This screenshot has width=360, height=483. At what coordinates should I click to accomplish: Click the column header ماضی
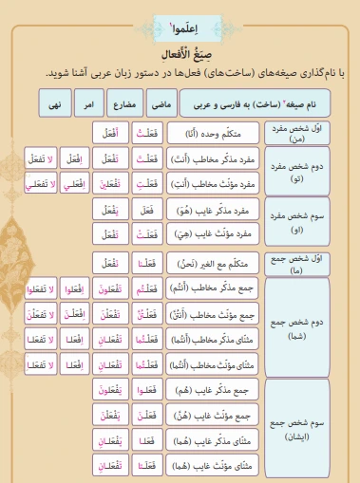point(161,102)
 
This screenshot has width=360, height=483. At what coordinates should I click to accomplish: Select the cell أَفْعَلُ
point(111,134)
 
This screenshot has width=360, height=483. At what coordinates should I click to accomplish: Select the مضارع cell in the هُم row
point(111,391)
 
